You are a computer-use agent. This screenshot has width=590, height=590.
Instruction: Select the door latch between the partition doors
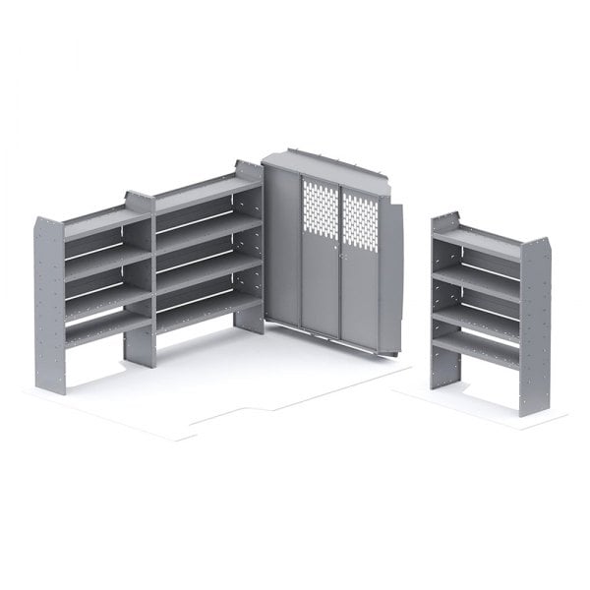pos(340,258)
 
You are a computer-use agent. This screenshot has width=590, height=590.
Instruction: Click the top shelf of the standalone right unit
pos(478,242)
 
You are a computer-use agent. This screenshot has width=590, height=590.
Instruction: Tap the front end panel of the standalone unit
pos(535,324)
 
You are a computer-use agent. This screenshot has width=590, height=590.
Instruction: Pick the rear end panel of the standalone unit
pos(443,295)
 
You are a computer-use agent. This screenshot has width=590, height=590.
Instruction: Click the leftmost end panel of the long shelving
pos(49,305)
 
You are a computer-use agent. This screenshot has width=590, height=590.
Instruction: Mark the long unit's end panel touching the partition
pos(250,246)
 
